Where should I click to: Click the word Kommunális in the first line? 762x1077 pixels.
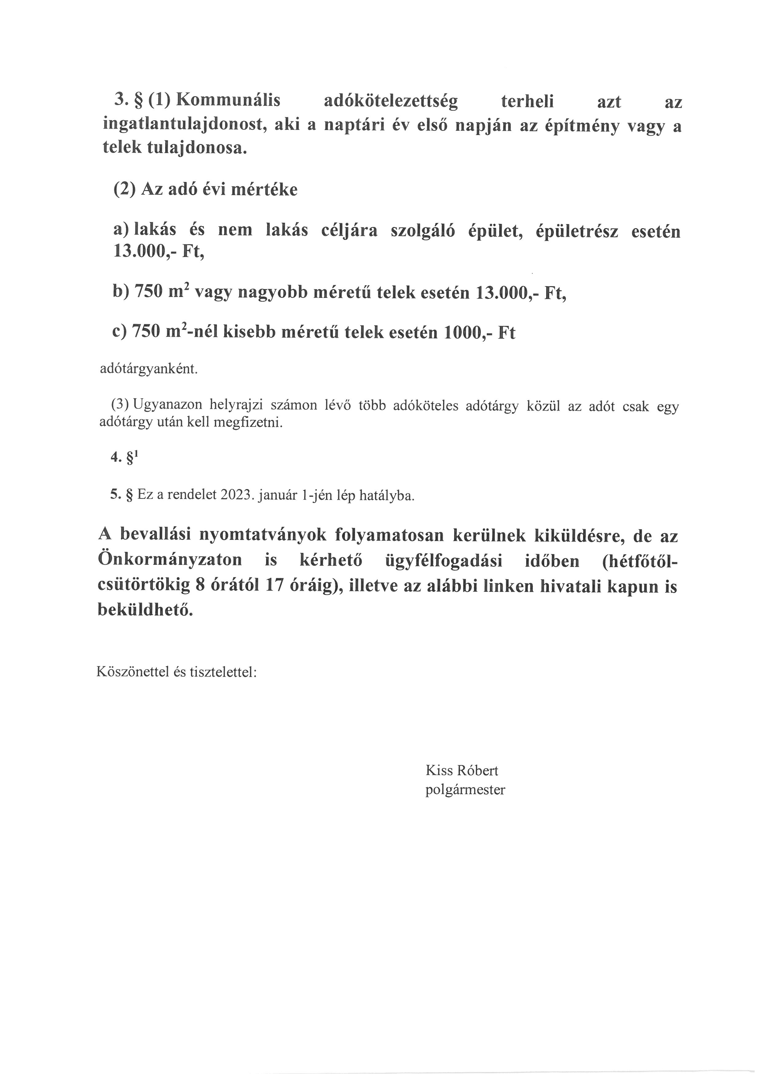coord(228,101)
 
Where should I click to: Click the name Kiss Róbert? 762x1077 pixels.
coord(462,770)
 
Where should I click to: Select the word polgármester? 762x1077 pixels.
coord(465,790)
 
